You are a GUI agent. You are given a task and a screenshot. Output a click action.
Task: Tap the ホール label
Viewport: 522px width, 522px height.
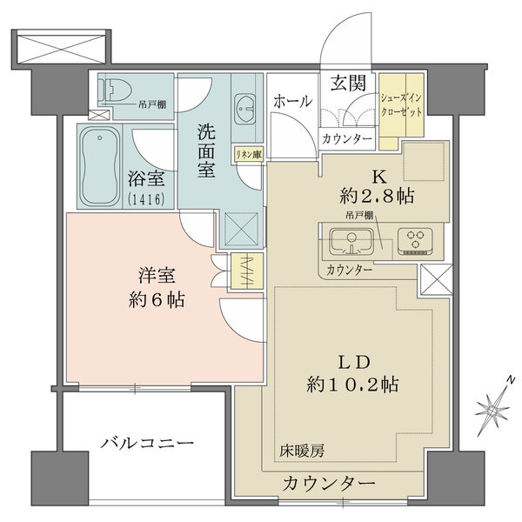tap(293, 102)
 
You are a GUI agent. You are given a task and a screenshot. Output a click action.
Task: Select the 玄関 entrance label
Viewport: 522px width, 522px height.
tap(347, 84)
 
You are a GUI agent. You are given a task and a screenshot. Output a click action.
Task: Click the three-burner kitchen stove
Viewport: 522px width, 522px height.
tap(414, 239)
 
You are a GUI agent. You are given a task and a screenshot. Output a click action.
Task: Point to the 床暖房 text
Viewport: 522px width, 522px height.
tap(301, 451)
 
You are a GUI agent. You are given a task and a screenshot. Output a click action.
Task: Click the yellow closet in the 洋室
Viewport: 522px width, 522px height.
tap(242, 271)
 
